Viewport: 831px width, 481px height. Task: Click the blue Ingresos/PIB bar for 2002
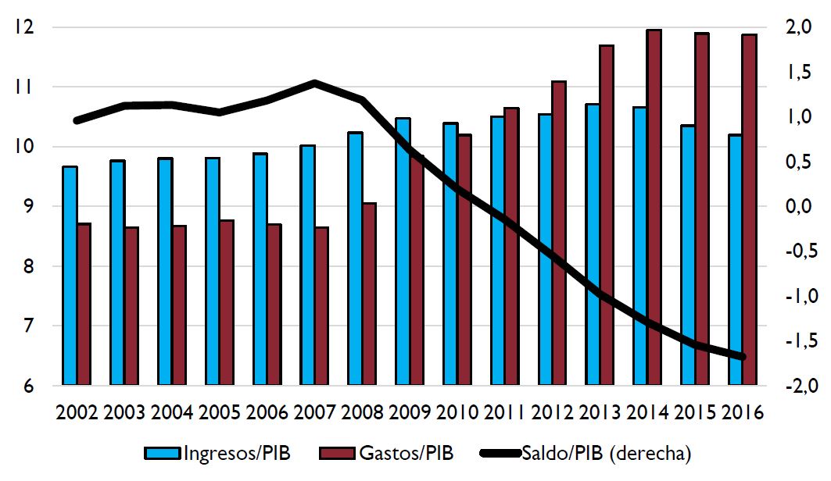70,276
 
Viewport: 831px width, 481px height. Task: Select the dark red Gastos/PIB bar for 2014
654,208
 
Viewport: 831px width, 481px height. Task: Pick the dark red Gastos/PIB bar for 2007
322,306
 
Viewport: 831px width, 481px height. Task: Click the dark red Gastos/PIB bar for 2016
749,210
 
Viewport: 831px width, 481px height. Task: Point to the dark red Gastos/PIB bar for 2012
559,233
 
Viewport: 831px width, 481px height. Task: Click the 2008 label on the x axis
363,412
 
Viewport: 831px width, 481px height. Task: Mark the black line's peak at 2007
314,82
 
